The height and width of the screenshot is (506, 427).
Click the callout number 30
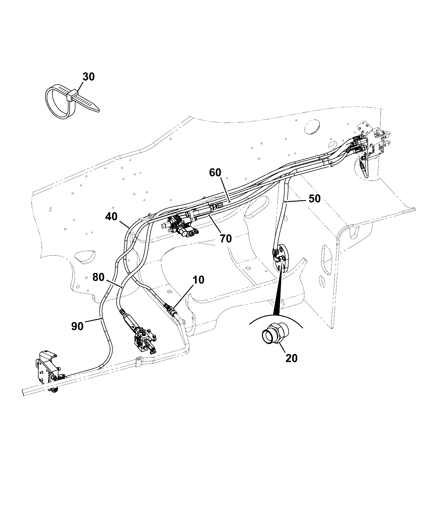tap(89, 77)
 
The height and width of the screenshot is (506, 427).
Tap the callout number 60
tap(215, 173)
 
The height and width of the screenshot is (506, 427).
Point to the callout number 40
tap(111, 216)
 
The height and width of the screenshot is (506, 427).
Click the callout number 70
tap(226, 238)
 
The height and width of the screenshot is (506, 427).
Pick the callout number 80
tap(98, 277)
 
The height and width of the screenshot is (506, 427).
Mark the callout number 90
tap(77, 326)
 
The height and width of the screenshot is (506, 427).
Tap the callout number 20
tap(291, 358)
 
